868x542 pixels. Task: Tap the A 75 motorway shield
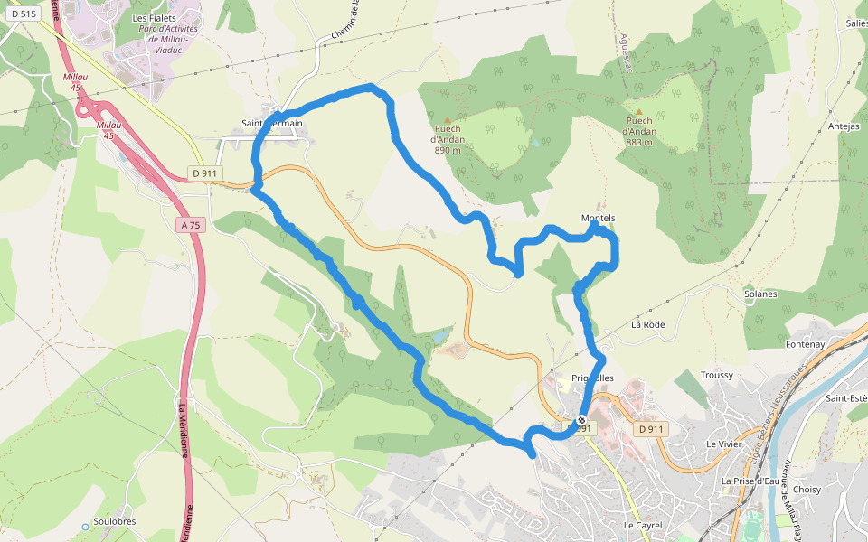(x=190, y=224)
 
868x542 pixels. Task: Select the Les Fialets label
(x=154, y=17)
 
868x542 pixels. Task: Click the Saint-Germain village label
(x=271, y=123)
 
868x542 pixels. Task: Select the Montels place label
(x=598, y=218)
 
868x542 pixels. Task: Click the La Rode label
(x=648, y=323)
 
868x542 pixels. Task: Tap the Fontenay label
(x=806, y=344)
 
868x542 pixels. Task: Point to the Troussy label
(x=717, y=375)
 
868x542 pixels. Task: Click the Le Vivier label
(x=723, y=444)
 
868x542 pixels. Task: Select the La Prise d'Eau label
(x=750, y=481)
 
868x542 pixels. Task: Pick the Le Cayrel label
(x=643, y=525)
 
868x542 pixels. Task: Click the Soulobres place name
(x=114, y=523)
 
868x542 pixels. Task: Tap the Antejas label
(x=844, y=126)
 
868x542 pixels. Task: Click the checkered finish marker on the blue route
(x=581, y=420)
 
